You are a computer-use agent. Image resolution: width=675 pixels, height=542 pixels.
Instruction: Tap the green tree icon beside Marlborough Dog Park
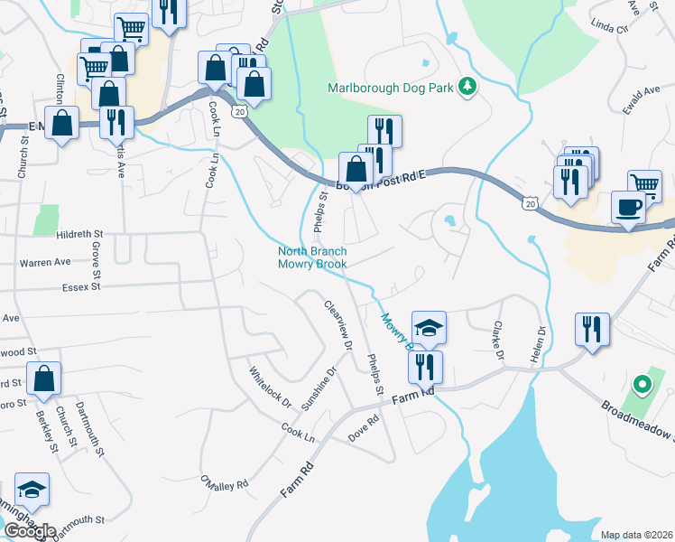point(467,87)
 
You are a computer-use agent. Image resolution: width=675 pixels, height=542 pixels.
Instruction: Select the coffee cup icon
point(628,208)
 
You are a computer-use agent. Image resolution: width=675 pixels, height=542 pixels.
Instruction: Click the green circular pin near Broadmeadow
point(643,386)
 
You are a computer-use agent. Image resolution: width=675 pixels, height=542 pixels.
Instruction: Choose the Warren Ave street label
point(45,262)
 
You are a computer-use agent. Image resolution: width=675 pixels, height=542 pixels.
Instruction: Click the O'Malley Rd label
point(224,484)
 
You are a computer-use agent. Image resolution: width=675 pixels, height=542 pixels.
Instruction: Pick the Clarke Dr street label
point(497,341)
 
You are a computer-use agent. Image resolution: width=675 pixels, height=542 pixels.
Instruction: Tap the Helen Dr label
point(542,343)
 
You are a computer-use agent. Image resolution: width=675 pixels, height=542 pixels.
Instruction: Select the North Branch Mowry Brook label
point(311,257)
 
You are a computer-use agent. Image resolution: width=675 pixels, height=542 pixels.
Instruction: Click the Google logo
point(30,531)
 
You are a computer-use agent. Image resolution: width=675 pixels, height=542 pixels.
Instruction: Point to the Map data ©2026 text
point(636,535)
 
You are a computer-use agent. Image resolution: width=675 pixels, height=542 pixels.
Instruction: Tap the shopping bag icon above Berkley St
point(43,381)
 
